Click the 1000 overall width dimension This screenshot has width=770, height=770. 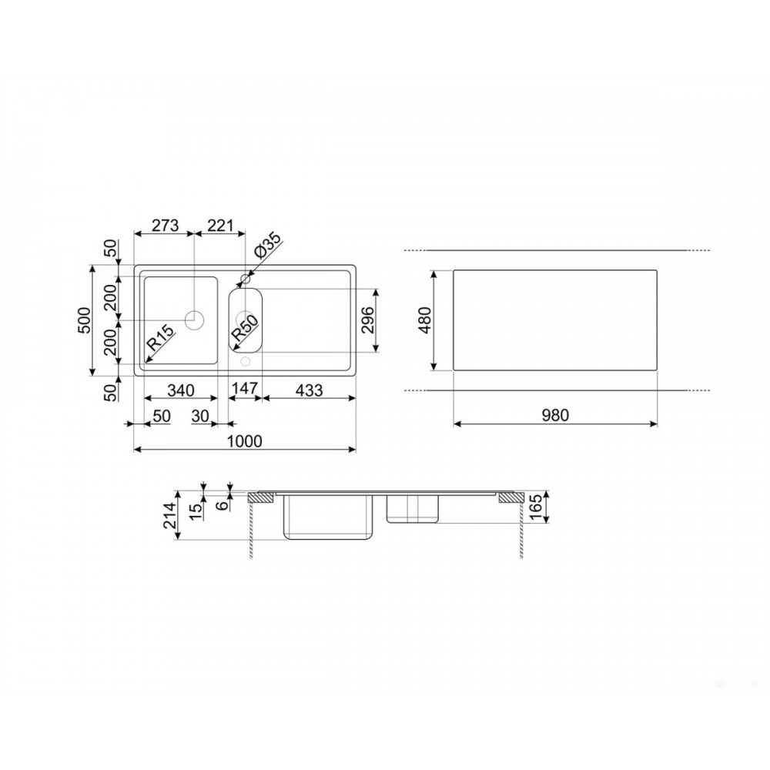click(245, 441)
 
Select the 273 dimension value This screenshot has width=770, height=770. click(165, 226)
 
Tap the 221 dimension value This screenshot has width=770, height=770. click(219, 226)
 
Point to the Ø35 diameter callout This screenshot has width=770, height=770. click(268, 246)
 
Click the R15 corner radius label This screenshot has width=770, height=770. click(161, 337)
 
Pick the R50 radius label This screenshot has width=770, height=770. click(244, 328)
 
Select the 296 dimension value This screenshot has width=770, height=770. click(368, 320)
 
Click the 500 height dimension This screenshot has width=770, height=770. click(85, 320)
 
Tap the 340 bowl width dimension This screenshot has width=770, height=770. click(181, 390)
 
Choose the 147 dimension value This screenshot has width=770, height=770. click(245, 388)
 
